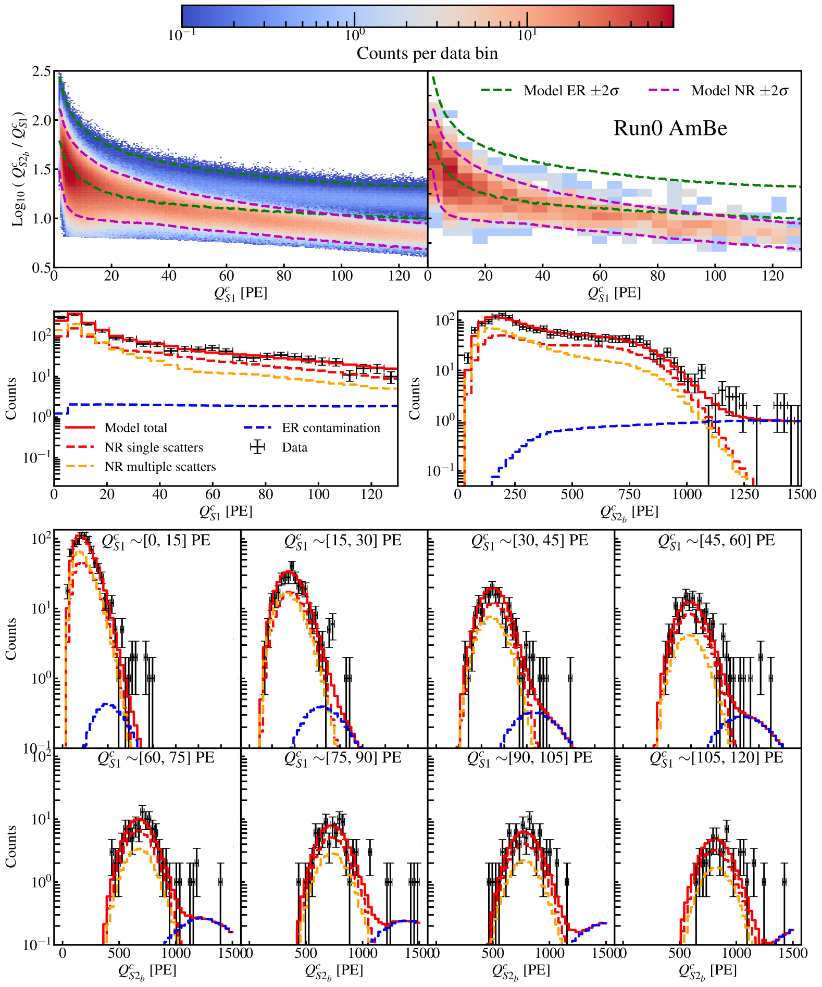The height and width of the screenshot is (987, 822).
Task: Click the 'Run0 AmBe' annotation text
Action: (x=670, y=128)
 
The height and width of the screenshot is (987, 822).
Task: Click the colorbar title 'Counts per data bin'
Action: (x=427, y=53)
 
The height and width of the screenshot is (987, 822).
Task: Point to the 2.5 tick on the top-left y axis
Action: (x=42, y=72)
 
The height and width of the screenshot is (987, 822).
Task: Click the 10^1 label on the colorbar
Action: (x=527, y=35)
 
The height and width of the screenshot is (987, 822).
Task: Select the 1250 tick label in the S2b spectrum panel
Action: (x=744, y=494)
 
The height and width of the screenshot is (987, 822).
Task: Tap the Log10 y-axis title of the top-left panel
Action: (x=19, y=169)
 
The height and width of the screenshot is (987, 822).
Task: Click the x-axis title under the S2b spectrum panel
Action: (x=629, y=513)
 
